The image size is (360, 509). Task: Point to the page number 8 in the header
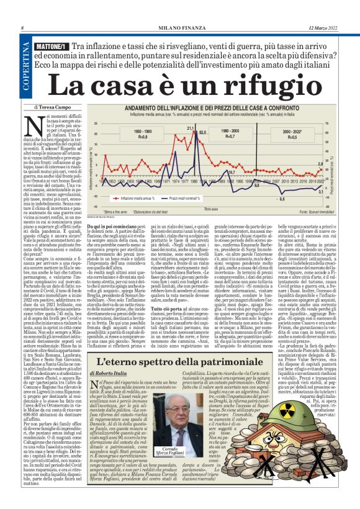coord(22,29)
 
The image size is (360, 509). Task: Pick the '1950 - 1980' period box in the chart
coord(143,134)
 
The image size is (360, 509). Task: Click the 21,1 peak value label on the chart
coord(191,128)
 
